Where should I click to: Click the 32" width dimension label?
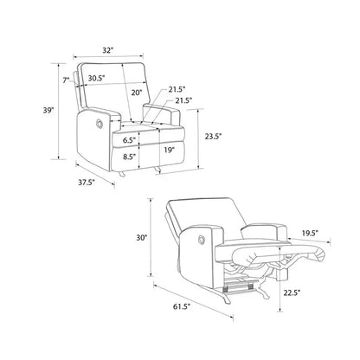107,50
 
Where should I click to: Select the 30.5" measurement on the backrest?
96,78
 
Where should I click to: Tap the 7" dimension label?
67,80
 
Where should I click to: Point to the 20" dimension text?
137,93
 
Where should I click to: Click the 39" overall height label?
48,110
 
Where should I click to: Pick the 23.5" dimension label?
213,136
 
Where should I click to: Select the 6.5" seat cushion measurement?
129,140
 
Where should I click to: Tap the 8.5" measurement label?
129,157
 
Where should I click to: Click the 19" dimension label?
170,150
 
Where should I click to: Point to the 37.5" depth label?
87,183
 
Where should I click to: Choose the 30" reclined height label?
142,237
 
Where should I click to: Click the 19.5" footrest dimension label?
310,233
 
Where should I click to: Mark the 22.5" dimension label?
292,292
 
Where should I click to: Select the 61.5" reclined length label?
182,306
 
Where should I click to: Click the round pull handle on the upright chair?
100,124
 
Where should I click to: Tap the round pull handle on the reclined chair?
201,240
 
